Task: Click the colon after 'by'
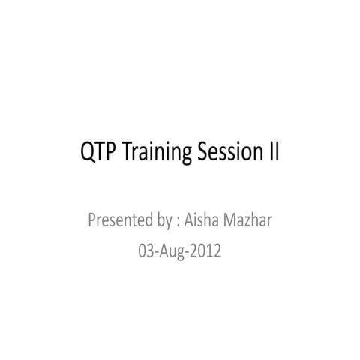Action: (x=178, y=223)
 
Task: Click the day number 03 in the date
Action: (x=146, y=250)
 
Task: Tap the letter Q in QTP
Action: (x=86, y=153)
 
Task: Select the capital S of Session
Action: (x=203, y=153)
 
